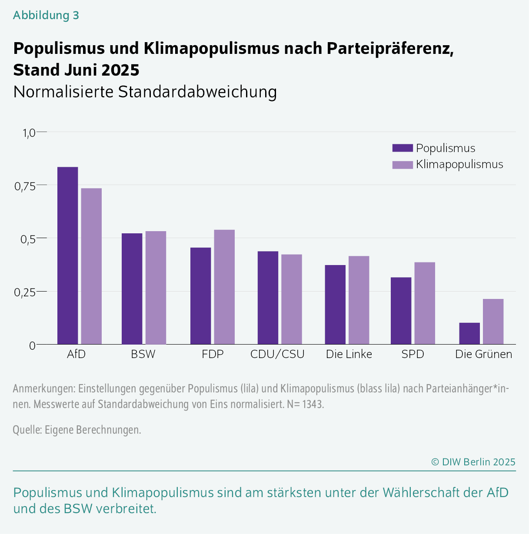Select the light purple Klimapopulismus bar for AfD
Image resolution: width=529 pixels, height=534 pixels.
coord(91,266)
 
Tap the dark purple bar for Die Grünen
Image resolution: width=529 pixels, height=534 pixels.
coord(469,333)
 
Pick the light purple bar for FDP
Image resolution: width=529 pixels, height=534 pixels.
coord(224,287)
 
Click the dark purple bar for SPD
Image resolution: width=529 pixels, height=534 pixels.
coord(401,311)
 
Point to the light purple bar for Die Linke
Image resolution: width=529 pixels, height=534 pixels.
coord(359,300)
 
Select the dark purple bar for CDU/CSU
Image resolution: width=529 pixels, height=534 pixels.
coord(268,298)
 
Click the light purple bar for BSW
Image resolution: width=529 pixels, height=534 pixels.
coord(156,288)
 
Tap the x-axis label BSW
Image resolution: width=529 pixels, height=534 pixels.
coord(143,354)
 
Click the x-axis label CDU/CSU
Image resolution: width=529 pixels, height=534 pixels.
coord(277,354)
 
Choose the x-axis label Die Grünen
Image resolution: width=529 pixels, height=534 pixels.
coord(483,354)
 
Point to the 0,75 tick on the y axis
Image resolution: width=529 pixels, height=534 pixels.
coord(24,186)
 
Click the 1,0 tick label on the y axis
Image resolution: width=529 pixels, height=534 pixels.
coord(28,133)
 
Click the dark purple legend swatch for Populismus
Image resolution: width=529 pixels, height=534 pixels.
coord(402,148)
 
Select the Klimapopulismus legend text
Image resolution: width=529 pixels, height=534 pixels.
coord(459,164)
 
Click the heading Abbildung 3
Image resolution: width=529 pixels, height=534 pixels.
coord(46,15)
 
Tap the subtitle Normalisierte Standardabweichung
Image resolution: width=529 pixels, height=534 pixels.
coord(145,92)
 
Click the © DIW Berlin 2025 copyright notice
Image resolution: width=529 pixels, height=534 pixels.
coord(473,462)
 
